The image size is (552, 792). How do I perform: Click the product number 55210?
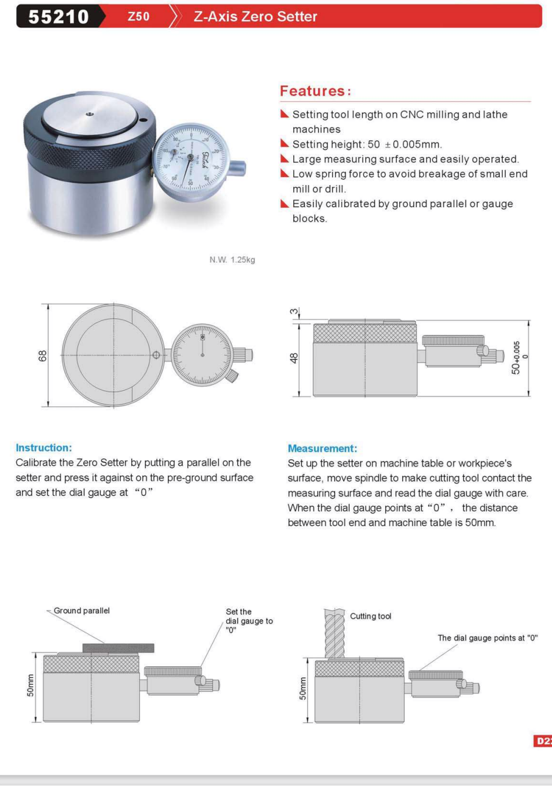(58, 17)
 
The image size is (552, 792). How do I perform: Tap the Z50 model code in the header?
(139, 17)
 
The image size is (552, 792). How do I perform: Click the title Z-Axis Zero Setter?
(255, 17)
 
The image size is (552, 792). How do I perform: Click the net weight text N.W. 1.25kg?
(232, 260)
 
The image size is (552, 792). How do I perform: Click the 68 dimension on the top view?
(42, 356)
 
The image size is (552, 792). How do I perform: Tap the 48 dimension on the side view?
(294, 358)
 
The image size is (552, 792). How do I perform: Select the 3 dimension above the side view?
(294, 312)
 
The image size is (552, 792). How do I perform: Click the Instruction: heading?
(44, 448)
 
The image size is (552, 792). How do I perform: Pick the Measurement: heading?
(322, 448)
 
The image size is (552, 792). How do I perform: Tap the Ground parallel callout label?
(82, 611)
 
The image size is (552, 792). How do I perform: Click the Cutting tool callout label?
(370, 616)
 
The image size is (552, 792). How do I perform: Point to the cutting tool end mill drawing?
(334, 633)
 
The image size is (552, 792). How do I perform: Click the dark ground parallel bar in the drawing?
(118, 648)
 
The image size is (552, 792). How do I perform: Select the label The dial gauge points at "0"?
(487, 638)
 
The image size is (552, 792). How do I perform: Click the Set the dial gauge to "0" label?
(249, 621)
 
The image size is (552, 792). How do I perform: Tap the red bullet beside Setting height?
(284, 143)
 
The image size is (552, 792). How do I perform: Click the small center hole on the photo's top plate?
(89, 115)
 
